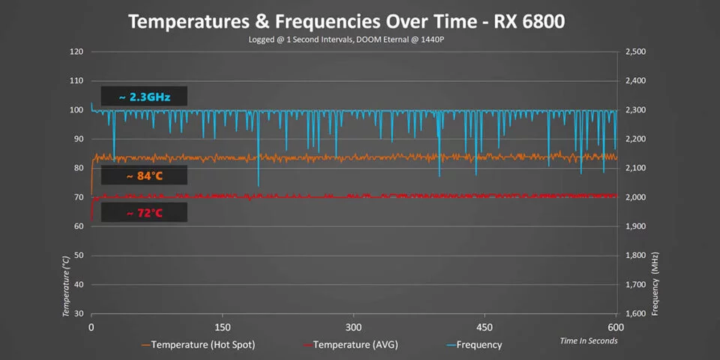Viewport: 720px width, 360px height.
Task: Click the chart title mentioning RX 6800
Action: click(x=346, y=22)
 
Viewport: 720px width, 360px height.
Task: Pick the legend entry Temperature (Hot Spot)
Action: click(x=199, y=345)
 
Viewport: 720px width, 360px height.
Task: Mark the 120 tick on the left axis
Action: click(x=76, y=52)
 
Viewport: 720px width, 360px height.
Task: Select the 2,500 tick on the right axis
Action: click(x=634, y=52)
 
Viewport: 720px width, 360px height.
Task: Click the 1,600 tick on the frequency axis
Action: click(x=634, y=314)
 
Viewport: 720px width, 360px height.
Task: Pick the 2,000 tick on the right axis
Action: click(x=634, y=197)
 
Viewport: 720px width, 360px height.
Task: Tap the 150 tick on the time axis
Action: click(x=222, y=327)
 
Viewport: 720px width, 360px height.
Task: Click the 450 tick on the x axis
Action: click(x=485, y=327)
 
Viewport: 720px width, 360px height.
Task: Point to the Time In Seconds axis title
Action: click(x=589, y=341)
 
